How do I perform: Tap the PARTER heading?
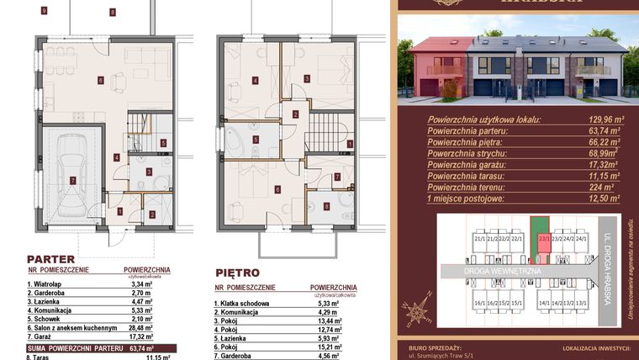(50, 260)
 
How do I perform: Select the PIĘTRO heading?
(239, 273)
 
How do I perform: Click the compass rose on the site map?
(415, 310)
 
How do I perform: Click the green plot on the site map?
(541, 226)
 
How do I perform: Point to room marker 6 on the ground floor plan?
(100, 81)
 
